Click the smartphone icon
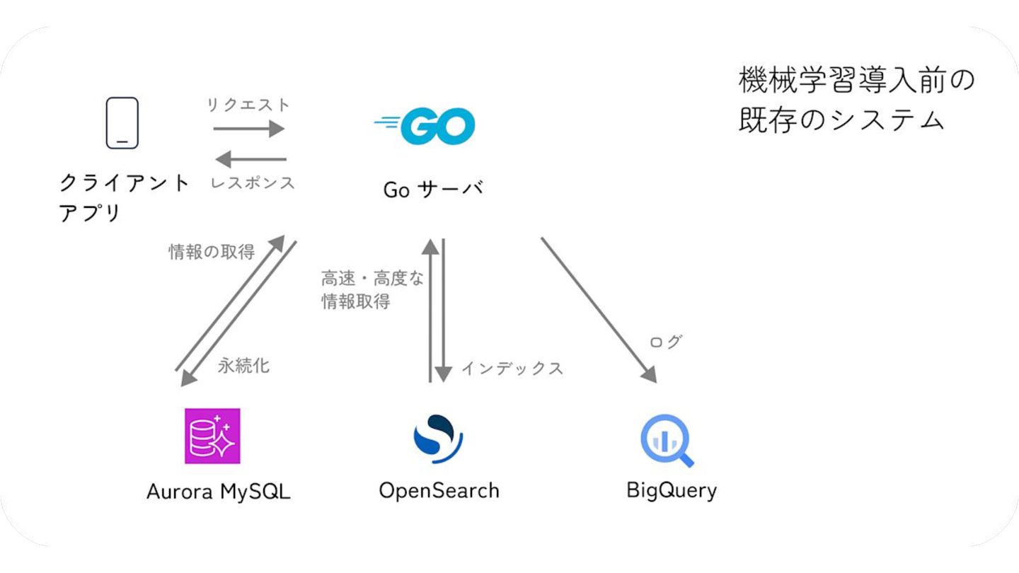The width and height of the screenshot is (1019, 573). tap(122, 123)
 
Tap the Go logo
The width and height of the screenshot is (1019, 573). tap(425, 126)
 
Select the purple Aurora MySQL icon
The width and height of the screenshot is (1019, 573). tap(212, 436)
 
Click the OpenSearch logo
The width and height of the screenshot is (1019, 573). tap(438, 438)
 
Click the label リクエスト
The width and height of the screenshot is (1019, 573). tap(248, 105)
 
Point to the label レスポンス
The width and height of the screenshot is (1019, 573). tap(253, 183)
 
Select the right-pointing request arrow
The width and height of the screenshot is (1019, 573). tap(248, 129)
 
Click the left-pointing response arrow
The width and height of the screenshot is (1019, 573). tap(251, 159)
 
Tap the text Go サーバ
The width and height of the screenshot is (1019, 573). tap(432, 190)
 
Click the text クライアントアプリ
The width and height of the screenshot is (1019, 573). tap(124, 197)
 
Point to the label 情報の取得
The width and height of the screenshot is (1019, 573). tap(211, 252)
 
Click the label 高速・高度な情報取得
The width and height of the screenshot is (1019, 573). tap(372, 290)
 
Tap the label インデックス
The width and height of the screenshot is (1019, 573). tap(512, 368)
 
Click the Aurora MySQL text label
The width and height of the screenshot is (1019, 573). tap(218, 492)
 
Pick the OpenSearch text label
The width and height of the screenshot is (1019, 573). tap(439, 490)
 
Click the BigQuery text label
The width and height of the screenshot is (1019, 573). tap(672, 490)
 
